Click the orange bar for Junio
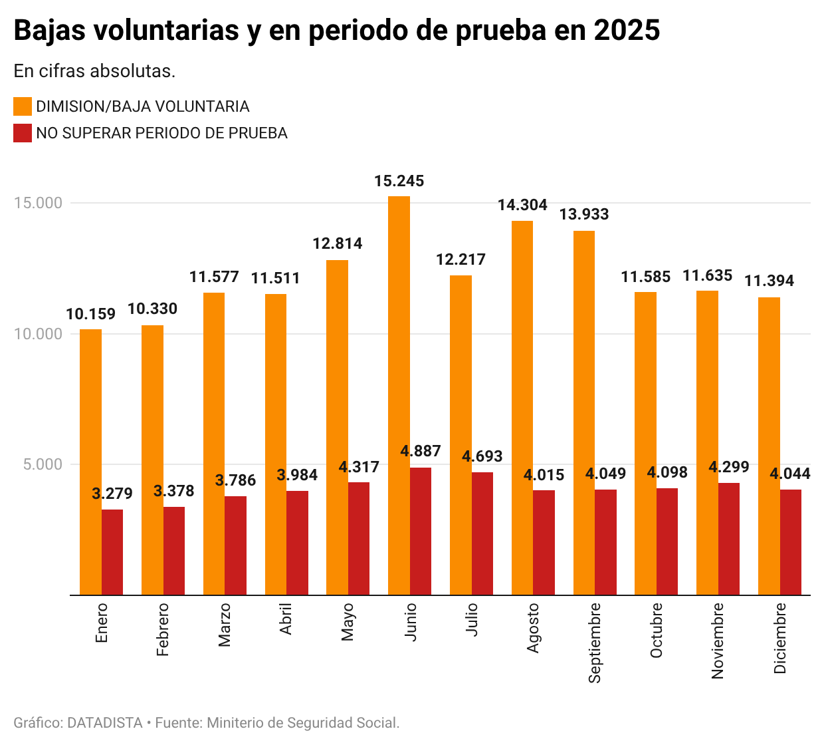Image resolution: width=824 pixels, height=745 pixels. click(x=399, y=396)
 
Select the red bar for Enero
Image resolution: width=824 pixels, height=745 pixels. click(x=112, y=552)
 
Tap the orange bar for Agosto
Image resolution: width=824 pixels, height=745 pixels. click(x=522, y=408)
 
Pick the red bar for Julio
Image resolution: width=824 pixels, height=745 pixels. click(x=482, y=533)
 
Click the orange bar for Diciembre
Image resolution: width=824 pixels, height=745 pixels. click(x=769, y=446)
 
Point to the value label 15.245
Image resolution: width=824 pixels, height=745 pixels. click(x=399, y=181)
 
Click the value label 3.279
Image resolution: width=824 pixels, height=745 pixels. click(x=112, y=494)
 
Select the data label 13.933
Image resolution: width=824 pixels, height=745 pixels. click(x=584, y=214)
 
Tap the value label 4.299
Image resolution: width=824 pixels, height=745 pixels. click(x=728, y=467)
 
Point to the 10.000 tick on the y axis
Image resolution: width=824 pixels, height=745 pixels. click(x=39, y=334)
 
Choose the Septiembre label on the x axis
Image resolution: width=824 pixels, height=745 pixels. click(x=595, y=643)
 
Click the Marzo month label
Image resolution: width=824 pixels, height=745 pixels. click(x=225, y=625)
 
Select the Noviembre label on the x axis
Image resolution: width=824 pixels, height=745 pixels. click(x=718, y=641)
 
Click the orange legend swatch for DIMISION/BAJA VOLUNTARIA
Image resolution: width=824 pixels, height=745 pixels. click(x=23, y=106)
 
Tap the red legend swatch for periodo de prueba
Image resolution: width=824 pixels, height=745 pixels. click(x=23, y=133)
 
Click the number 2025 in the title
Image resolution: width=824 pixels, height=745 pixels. click(x=627, y=31)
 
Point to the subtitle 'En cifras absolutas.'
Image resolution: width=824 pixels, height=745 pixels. click(x=94, y=71)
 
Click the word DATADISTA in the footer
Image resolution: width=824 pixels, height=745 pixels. click(x=105, y=722)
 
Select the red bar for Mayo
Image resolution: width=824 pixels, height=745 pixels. click(x=359, y=538)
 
